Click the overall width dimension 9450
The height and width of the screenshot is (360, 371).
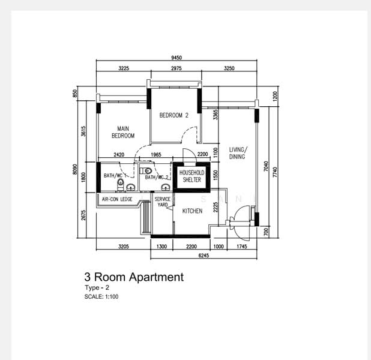pyautogui.click(x=176, y=58)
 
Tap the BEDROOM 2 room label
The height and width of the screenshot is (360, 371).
pyautogui.click(x=174, y=115)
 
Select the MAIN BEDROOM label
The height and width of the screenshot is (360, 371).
pyautogui.click(x=123, y=132)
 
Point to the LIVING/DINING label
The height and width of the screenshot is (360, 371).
pyautogui.click(x=238, y=153)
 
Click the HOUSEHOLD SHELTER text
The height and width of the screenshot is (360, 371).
pyautogui.click(x=192, y=176)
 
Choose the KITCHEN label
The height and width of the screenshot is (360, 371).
pyautogui.click(x=192, y=211)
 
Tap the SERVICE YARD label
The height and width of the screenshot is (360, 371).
pyautogui.click(x=163, y=202)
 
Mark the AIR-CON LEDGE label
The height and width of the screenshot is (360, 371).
pyautogui.click(x=117, y=199)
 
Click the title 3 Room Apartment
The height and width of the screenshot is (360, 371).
pyautogui.click(x=133, y=277)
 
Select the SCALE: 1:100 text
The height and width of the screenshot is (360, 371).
pyautogui.click(x=101, y=296)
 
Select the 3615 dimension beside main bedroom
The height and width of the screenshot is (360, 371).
pyautogui.click(x=85, y=131)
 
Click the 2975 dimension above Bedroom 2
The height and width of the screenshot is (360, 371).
pyautogui.click(x=176, y=68)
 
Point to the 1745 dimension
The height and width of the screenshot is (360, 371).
pyautogui.click(x=243, y=246)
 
